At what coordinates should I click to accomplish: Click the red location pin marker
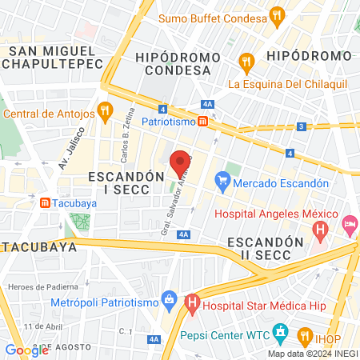click(181, 164)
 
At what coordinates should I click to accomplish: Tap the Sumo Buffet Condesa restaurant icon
click(277, 16)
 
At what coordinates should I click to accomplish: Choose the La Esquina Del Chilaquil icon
click(246, 60)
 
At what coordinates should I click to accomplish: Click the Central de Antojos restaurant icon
click(104, 111)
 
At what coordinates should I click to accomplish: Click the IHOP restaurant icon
click(305, 335)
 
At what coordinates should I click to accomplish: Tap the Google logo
click(26, 350)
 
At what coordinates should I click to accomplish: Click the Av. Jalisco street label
click(71, 145)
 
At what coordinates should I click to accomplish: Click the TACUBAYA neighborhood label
click(38, 246)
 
